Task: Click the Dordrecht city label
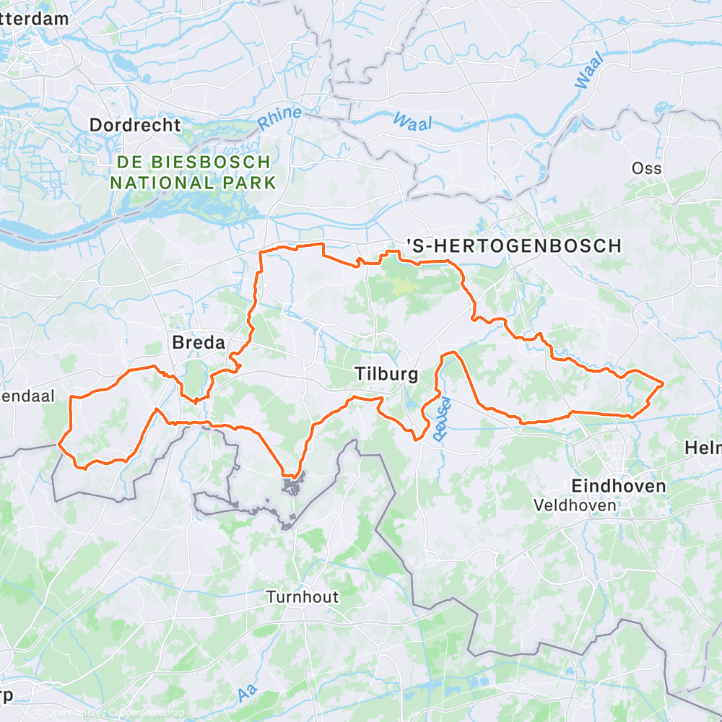coord(135,125)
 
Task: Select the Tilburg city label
coord(386,374)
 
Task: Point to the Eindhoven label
coord(618,486)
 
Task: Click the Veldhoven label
coord(575,505)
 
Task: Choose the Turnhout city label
coord(302,597)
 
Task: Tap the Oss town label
coord(646,168)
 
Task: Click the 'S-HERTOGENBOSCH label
coord(513,246)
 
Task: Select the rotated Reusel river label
coord(440,419)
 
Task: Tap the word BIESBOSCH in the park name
coord(218,162)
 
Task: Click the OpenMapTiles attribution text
coord(71,713)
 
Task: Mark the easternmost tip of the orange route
coord(663,383)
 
